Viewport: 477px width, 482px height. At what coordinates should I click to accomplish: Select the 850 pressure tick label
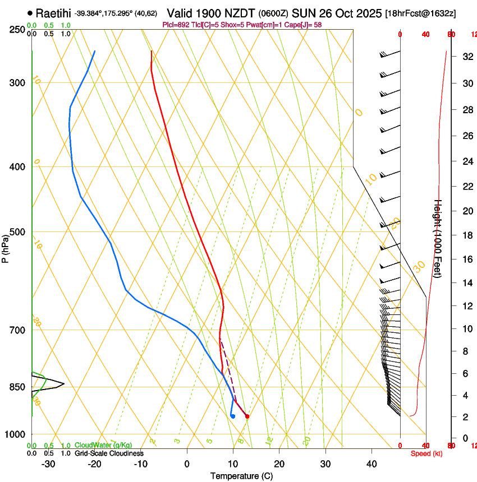click(17, 387)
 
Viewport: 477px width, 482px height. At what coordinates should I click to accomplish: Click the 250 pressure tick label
click(17, 30)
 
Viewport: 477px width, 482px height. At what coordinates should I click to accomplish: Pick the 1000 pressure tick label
click(15, 434)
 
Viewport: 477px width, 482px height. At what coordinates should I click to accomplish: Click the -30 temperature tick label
click(48, 464)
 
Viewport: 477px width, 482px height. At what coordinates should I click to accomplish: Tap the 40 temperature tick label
click(371, 464)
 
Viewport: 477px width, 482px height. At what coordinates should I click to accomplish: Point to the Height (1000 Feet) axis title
click(438, 239)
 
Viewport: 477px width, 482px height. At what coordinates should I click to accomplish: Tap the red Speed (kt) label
click(426, 453)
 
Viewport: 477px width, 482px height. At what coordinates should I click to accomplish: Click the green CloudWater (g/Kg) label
click(103, 445)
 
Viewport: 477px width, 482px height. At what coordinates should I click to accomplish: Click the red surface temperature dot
click(247, 416)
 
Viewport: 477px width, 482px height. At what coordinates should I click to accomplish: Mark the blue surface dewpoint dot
click(232, 416)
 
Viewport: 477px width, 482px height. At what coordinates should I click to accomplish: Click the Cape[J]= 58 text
click(306, 25)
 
